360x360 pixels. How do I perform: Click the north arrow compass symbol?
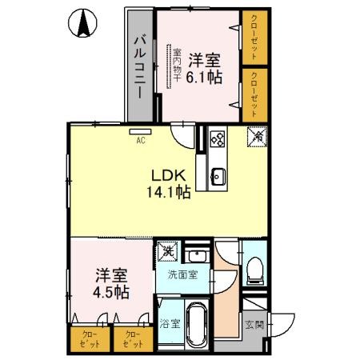click(83, 24)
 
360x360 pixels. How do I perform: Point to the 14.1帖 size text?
click(169, 193)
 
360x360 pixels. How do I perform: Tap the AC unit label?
click(140, 141)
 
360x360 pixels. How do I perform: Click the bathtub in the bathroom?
click(195, 326)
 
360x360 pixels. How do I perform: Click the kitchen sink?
click(218, 175)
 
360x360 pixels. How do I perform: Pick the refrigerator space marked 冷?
click(258, 137)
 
